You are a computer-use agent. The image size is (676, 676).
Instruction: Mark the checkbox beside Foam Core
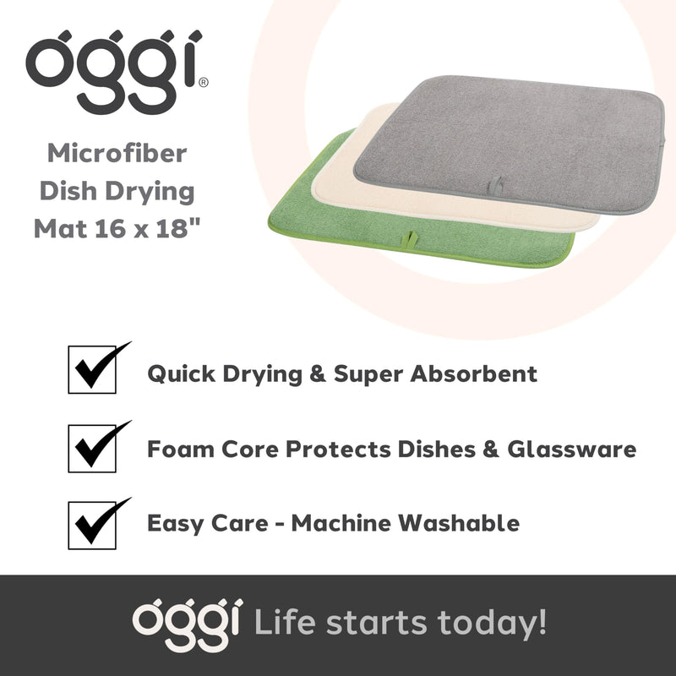click(91, 449)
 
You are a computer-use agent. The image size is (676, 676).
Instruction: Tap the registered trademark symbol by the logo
click(204, 83)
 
